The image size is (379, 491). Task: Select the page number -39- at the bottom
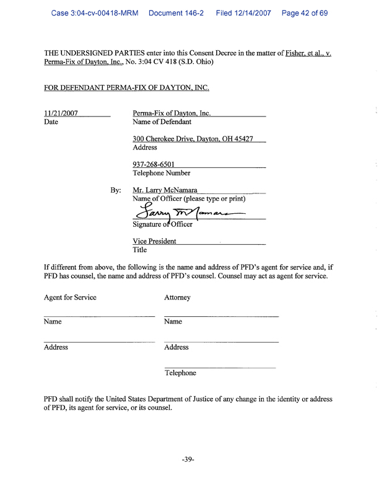coord(189,459)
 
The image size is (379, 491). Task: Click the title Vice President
coord(154,241)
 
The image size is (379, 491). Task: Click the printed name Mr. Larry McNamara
coord(165,190)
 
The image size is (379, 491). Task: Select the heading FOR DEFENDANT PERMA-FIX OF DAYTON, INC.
coord(126,87)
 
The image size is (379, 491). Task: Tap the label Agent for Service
coord(70,298)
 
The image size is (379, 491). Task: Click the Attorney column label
coord(177,298)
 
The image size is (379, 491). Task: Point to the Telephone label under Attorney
coord(180,373)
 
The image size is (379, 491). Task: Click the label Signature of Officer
coord(162,224)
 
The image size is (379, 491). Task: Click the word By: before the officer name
coord(115,190)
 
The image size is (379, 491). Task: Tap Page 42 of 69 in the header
coord(304,12)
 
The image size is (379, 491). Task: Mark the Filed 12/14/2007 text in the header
coord(245,12)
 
